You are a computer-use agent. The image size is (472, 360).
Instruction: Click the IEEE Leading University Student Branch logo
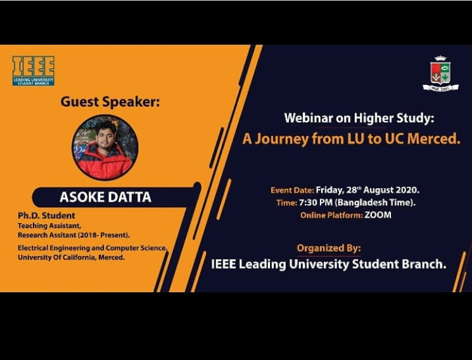(34, 71)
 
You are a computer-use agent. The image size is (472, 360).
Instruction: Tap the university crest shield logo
(440, 74)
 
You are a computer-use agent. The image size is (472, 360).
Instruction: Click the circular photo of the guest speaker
(105, 148)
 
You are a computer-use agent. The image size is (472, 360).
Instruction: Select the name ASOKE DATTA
(105, 197)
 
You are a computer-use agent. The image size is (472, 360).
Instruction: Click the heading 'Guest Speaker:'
(110, 101)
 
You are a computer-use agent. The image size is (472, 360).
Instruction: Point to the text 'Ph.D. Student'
(46, 215)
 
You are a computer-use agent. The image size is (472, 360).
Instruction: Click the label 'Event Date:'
(292, 190)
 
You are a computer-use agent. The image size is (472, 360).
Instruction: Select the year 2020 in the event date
(407, 190)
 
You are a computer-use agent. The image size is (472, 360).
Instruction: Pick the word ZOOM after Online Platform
(378, 215)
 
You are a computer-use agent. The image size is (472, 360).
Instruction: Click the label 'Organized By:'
(328, 248)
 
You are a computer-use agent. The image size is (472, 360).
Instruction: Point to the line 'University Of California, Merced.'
(71, 257)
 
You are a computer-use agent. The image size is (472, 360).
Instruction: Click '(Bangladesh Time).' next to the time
(375, 202)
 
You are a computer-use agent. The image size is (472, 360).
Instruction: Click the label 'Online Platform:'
(331, 215)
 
